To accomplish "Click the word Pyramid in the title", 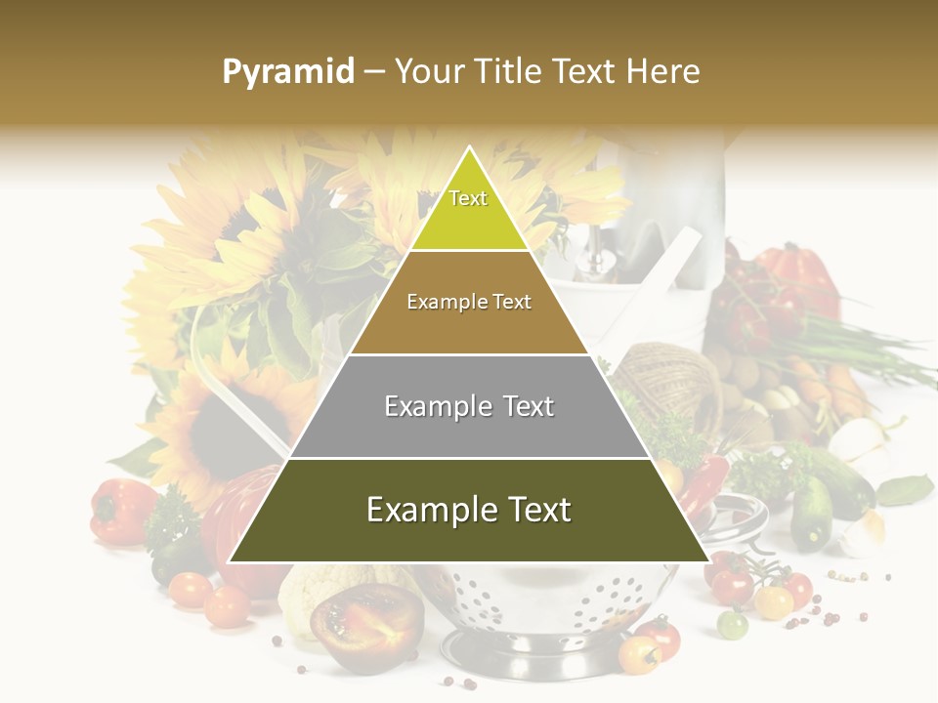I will click(x=287, y=72).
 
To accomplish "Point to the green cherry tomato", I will click(x=732, y=623).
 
